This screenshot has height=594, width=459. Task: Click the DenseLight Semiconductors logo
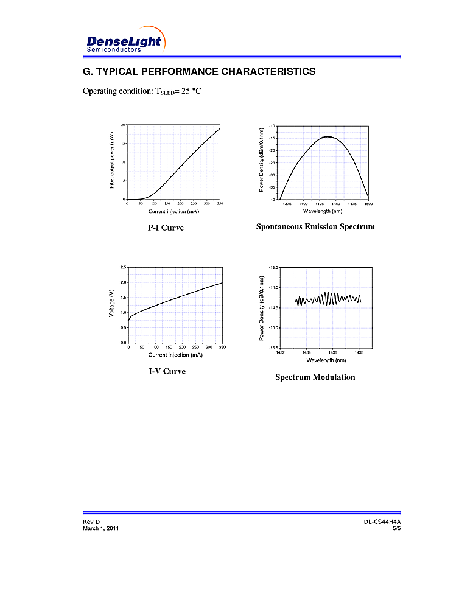(124, 41)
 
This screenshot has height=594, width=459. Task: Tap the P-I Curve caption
(166, 228)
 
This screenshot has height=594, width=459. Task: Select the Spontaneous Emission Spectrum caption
(315, 227)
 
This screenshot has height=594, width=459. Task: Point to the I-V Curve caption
(167, 371)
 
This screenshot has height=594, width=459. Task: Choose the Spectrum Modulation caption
(315, 377)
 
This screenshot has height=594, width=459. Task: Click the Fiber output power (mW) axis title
(112, 161)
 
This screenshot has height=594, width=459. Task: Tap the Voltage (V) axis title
(112, 303)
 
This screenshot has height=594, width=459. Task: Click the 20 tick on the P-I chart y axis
(123, 125)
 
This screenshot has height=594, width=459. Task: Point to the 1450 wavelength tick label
(336, 204)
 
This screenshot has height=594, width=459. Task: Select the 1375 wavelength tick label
(287, 204)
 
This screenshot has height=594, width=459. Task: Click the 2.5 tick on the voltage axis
(123, 268)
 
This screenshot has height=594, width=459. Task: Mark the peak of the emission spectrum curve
(328, 136)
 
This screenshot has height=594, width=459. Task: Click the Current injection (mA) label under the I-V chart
(175, 355)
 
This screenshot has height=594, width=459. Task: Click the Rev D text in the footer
(91, 523)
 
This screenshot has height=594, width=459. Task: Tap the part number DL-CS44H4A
(382, 523)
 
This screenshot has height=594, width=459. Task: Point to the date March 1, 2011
(100, 529)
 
